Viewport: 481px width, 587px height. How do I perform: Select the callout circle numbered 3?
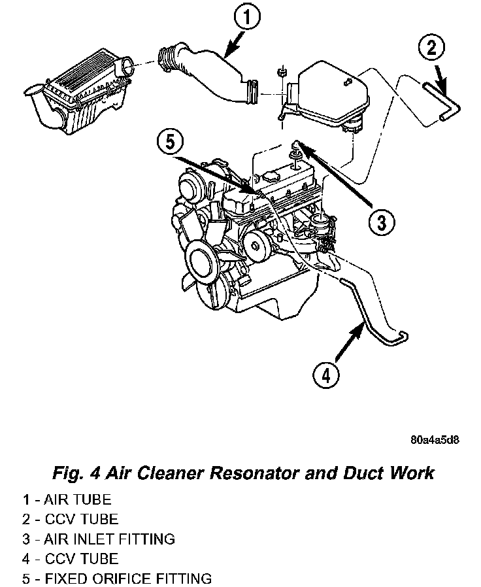pos(381,223)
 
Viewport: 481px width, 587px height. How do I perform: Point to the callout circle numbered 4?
pos(326,375)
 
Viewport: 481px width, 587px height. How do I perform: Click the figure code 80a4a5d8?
pos(435,440)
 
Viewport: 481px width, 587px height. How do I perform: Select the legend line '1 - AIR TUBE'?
pos(67,500)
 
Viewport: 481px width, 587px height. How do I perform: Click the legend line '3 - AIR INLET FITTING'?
pos(99,539)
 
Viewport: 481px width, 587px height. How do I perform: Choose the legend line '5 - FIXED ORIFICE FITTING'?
pos(117,579)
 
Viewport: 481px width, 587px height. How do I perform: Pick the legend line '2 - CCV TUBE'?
pos(71,520)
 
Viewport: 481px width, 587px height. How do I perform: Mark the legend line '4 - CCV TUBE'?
pos(71,559)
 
